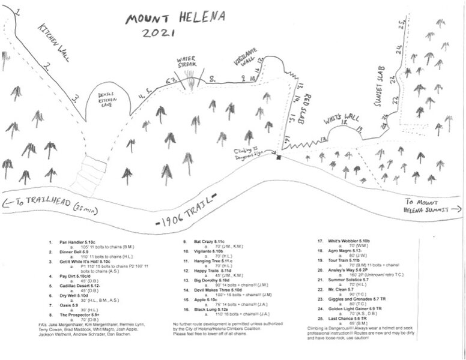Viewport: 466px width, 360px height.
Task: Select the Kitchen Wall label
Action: click(55, 41)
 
